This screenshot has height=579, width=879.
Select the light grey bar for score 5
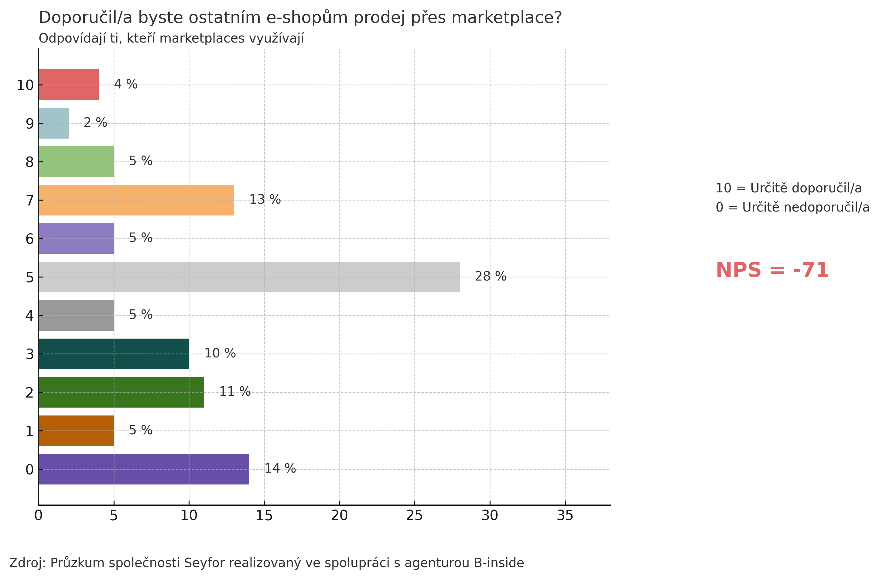(249, 277)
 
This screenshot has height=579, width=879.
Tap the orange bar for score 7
(136, 200)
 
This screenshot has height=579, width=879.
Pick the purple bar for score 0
(144, 469)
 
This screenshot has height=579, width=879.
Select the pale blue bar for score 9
(53, 123)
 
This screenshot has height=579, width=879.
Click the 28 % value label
(490, 276)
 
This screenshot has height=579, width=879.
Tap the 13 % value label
(265, 199)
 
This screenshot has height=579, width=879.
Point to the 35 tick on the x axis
(565, 515)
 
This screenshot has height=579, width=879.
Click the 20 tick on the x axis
(339, 515)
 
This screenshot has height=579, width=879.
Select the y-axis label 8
(29, 162)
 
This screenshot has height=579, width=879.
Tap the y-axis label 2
(29, 392)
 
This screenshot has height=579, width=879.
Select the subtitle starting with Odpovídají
(171, 38)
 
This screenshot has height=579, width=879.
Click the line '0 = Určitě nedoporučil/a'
(792, 207)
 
